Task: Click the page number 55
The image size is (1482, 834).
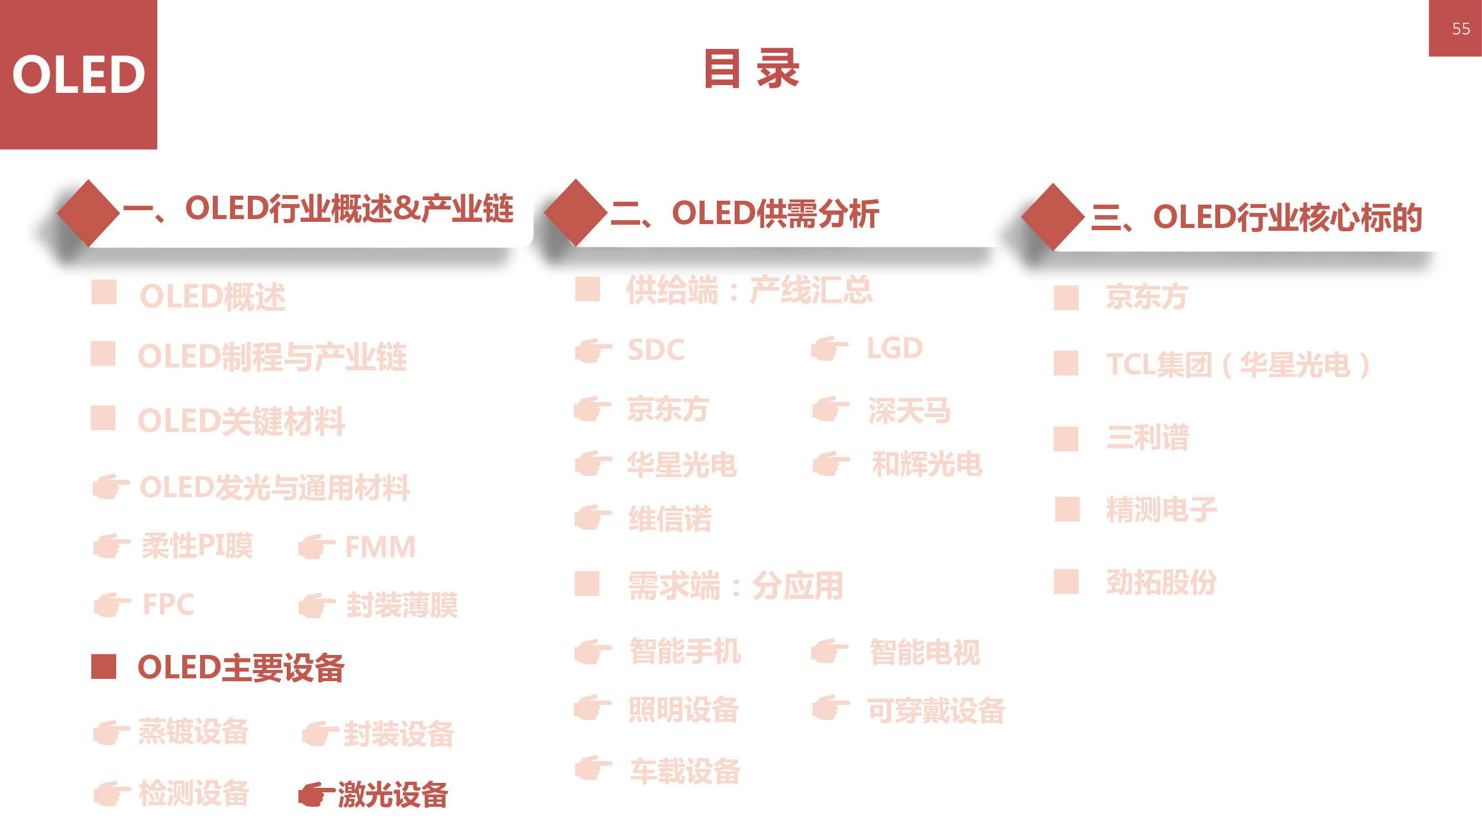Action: (1460, 28)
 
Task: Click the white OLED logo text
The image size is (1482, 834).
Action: (78, 75)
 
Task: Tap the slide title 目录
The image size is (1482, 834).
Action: (751, 68)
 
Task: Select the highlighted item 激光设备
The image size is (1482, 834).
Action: (392, 795)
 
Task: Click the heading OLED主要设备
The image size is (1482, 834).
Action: (241, 668)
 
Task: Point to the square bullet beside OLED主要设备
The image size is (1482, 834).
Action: (103, 667)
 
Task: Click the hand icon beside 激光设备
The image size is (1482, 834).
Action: (315, 795)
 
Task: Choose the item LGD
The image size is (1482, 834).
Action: (894, 348)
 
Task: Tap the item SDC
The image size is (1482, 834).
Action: (655, 350)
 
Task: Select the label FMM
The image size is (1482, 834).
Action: (380, 547)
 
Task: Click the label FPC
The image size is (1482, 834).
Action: (168, 604)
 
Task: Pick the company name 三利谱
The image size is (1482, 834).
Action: (1147, 438)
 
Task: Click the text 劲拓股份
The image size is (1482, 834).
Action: (1161, 582)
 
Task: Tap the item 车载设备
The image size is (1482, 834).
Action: (685, 771)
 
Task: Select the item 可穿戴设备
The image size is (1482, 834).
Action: (935, 710)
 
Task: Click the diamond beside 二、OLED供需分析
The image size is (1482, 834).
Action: (575, 212)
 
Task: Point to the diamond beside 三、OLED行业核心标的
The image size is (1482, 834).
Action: (1053, 217)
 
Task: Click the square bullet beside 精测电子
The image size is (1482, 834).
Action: (1066, 509)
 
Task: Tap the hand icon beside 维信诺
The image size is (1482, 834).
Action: (592, 518)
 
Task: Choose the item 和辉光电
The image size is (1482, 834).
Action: (926, 464)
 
